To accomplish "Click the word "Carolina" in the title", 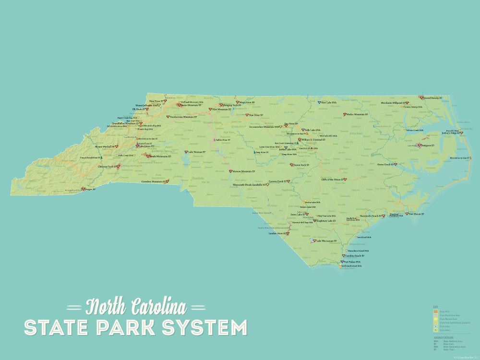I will pos(158,306).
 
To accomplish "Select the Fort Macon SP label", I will pos(416,214).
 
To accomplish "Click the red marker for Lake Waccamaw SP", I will pos(313,241).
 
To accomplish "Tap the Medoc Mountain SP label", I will pos(358,114).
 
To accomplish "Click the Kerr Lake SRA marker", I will pos(319,102).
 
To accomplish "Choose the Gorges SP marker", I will pos(83,189).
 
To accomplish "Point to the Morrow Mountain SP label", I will pos(244,171).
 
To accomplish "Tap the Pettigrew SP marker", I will pos(419,145).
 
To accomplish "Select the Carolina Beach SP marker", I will pos(344,256).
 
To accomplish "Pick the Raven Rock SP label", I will pos(301,165).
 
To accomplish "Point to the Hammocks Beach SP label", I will pos(370,216).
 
